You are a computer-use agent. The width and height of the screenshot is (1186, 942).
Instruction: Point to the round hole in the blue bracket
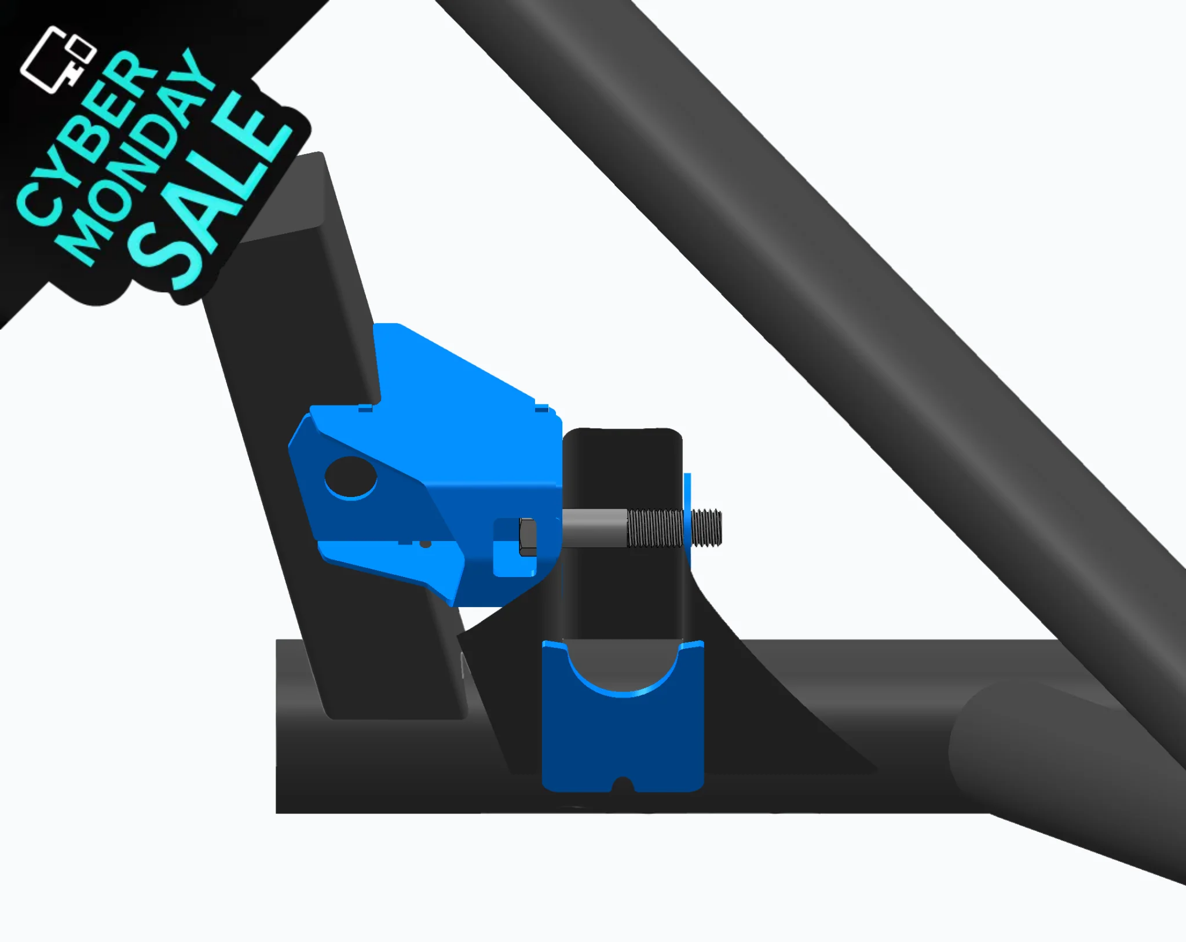(350, 476)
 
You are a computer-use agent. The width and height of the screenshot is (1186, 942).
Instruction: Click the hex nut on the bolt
(528, 537)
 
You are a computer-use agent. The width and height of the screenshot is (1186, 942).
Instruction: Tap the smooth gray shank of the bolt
(594, 528)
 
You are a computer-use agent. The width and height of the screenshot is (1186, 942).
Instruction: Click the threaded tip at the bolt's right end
(707, 528)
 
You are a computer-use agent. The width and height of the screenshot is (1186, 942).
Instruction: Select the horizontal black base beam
(405, 765)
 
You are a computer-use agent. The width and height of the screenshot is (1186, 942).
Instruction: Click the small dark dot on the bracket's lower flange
(426, 544)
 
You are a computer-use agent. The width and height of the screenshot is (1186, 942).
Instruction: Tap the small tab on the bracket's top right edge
(541, 408)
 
